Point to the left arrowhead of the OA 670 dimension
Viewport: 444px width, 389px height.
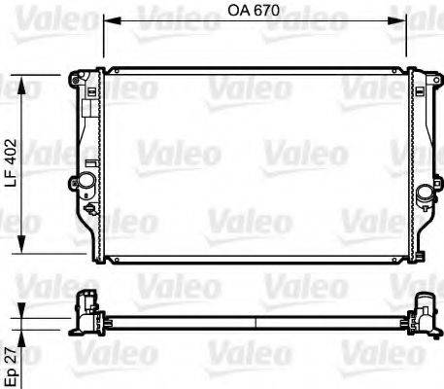(x=108, y=18)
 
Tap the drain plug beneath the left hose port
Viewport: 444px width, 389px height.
(x=90, y=208)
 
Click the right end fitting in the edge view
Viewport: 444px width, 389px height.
(x=424, y=309)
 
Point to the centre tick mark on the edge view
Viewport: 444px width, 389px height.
(x=256, y=317)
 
